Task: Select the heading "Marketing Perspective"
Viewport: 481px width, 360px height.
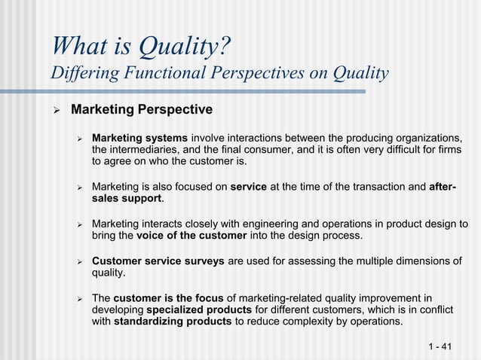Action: (142, 110)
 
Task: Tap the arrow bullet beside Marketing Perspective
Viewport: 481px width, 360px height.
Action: (54, 110)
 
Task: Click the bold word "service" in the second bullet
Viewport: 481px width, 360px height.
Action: (248, 187)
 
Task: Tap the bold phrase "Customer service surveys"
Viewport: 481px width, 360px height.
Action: (158, 261)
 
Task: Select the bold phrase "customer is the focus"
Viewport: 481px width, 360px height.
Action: (168, 298)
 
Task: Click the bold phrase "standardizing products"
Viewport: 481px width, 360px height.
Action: (173, 322)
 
